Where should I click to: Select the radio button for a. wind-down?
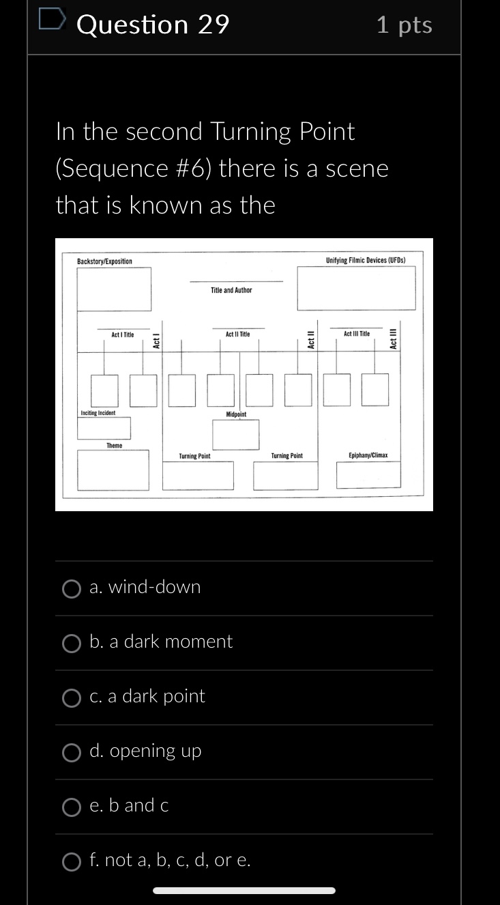click(72, 588)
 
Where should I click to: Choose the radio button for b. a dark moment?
click(72, 643)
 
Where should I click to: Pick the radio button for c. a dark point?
click(72, 698)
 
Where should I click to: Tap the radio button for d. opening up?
click(72, 752)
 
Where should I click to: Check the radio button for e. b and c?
click(72, 807)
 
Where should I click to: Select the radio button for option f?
click(72, 861)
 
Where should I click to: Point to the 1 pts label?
click(404, 25)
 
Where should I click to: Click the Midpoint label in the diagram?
click(236, 414)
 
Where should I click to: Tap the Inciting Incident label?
click(98, 413)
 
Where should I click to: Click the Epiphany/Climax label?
click(368, 455)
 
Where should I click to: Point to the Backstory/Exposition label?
click(104, 261)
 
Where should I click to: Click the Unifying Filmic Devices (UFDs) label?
click(366, 261)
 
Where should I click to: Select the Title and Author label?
click(231, 290)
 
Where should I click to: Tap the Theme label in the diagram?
click(114, 446)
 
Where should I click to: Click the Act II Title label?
click(238, 334)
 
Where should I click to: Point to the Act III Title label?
click(357, 334)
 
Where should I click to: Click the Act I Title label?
click(123, 334)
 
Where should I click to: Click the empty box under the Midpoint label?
click(236, 435)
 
